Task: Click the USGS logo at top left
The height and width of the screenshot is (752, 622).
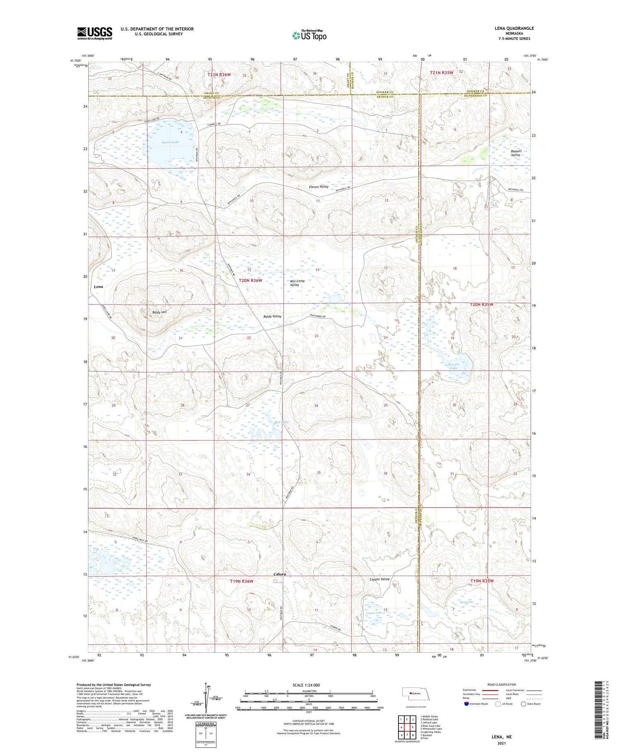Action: tap(95, 33)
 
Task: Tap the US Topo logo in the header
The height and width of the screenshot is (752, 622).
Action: tap(309, 36)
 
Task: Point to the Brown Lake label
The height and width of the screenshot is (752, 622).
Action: tap(453, 366)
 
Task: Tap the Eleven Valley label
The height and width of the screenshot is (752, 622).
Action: tap(318, 187)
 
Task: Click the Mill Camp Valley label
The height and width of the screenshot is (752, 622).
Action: tap(297, 283)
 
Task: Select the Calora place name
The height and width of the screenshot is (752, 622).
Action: tap(279, 574)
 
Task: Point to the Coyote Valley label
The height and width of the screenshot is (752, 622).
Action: tap(379, 579)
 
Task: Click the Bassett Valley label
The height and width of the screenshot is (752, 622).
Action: tap(516, 153)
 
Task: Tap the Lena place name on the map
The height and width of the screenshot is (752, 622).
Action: tap(98, 287)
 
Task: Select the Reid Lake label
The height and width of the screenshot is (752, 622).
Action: tap(466, 602)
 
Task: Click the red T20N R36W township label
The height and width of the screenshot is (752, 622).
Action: tap(250, 280)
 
